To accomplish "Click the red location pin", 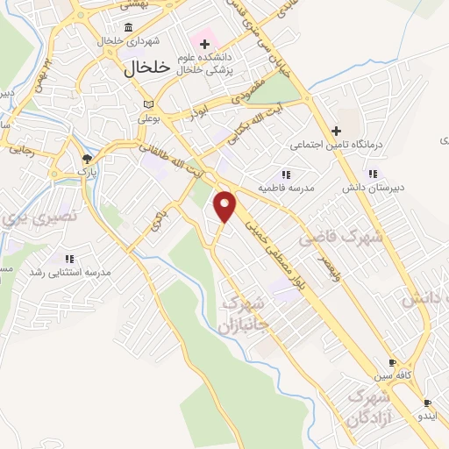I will [226, 207].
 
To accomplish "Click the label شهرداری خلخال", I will [107, 41].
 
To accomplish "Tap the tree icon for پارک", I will [86, 159].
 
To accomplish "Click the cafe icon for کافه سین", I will [392, 363].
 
